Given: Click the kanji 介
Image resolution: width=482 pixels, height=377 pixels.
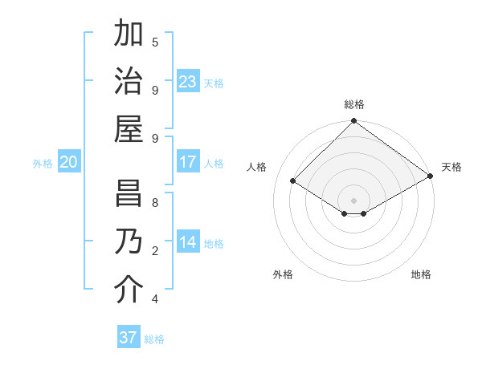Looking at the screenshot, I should coord(129,290).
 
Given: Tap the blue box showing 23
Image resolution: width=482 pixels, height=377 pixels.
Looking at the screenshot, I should coord(188,82).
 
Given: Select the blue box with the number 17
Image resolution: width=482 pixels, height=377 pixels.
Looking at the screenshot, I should coord(188,162).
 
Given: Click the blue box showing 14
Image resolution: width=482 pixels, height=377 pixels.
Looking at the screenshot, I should coord(188,242).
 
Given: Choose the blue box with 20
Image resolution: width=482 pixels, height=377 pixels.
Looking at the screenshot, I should coord(69,162).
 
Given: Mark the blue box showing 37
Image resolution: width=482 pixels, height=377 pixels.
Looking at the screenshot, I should coord(129,338).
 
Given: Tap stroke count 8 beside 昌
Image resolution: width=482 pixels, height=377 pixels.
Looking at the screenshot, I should coord(155,203).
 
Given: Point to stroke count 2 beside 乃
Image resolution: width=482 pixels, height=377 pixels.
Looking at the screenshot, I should coord(155,251).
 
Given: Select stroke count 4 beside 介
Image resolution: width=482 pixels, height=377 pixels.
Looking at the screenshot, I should coord(155,299).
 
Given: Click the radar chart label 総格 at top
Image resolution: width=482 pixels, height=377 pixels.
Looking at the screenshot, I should coord(354,104).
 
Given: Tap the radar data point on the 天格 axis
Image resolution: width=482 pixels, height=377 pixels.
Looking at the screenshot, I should coord(431,176).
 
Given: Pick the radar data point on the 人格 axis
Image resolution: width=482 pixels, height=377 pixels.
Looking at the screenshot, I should coord(293,181).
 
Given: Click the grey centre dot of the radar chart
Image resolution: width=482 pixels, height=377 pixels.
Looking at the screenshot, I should coord(354,200).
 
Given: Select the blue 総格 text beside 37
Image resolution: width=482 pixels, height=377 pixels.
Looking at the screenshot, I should coord(154,339).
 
